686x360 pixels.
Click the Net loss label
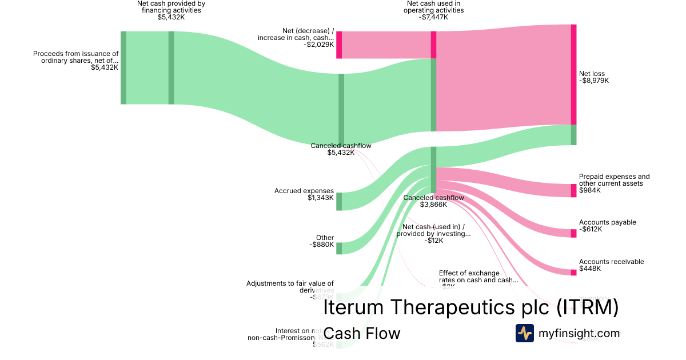(x=592, y=74)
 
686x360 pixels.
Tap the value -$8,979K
(x=594, y=81)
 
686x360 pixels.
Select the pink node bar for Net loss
(x=573, y=74)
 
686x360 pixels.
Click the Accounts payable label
(x=607, y=222)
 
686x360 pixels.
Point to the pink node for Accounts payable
(x=573, y=233)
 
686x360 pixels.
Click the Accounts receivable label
(x=611, y=262)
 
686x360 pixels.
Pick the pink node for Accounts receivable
(x=573, y=272)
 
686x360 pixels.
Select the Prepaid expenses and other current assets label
(x=614, y=180)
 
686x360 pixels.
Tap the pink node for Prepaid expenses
(x=573, y=190)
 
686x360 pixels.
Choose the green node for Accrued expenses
(x=339, y=201)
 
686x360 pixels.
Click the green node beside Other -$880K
(x=339, y=248)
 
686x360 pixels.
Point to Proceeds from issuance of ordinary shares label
(x=75, y=57)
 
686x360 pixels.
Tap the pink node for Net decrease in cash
(x=339, y=45)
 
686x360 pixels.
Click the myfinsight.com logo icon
(x=524, y=333)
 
